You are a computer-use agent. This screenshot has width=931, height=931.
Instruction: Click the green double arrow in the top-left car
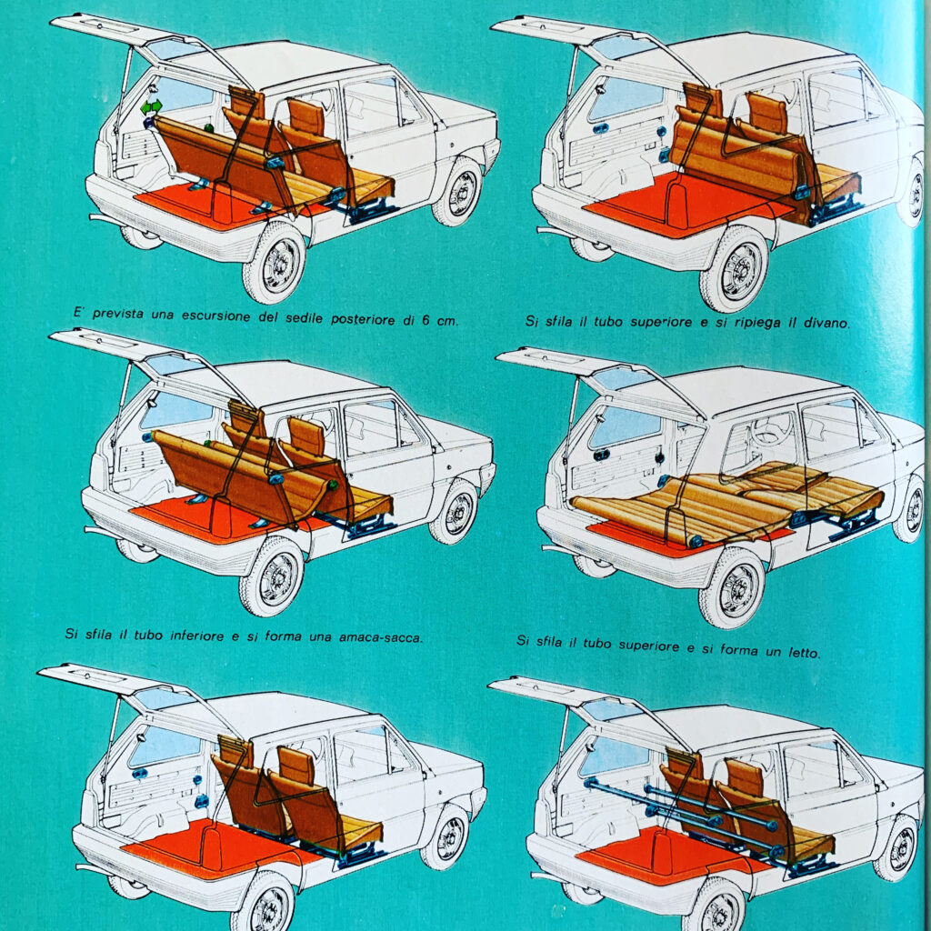151,107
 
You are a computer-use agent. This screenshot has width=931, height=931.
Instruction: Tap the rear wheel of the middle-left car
271,577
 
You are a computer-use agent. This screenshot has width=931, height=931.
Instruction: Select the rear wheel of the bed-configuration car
732,588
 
